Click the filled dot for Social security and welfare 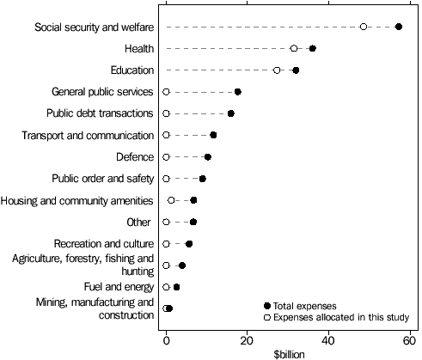399,27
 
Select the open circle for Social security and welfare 364,27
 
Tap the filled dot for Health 312,48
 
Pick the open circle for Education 277,70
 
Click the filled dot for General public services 237,92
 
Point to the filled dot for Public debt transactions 230,113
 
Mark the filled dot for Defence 207,157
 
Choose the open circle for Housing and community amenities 171,200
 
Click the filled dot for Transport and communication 213,135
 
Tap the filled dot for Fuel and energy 176,287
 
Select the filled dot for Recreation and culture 189,244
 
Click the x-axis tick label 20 247,338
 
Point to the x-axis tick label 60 409,338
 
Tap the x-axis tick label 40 328,338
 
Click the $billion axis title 288,353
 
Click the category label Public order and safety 103,179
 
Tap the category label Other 139,223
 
